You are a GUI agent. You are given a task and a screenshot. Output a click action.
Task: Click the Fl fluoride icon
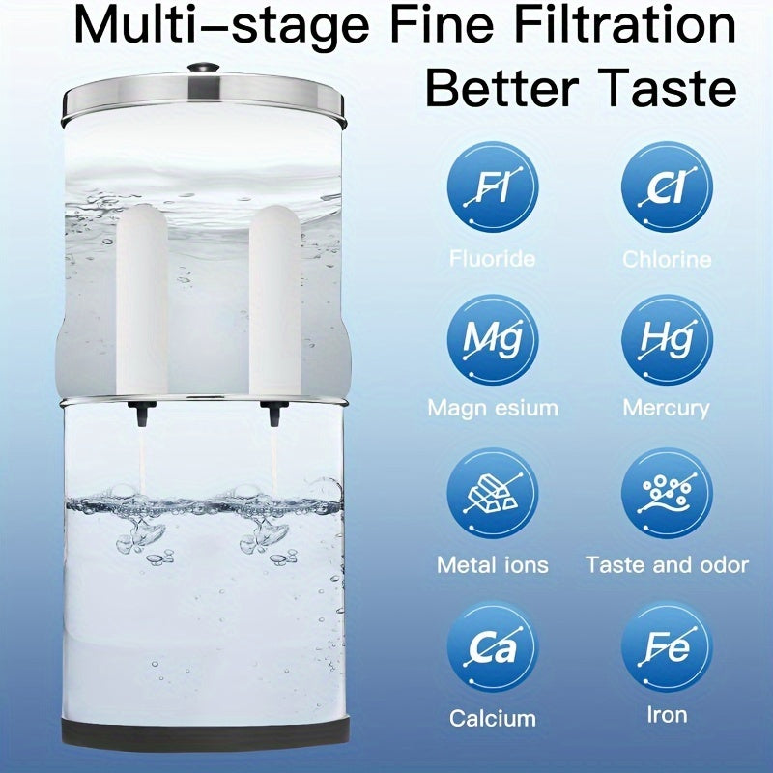click(x=492, y=186)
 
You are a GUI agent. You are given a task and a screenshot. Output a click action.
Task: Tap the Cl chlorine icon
click(x=667, y=186)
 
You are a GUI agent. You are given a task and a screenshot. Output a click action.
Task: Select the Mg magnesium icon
click(x=492, y=339)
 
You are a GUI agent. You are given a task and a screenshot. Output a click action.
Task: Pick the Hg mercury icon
click(x=667, y=339)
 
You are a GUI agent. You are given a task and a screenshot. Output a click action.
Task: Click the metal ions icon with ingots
click(x=492, y=494)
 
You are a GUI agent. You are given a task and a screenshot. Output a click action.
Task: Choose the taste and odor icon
click(x=667, y=494)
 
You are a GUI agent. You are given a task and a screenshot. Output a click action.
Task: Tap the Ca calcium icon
click(x=492, y=648)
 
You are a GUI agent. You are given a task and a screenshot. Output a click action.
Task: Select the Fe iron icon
click(x=667, y=648)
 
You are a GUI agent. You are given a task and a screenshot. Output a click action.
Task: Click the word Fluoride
click(x=492, y=259)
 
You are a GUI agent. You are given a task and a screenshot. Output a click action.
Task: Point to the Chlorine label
click(x=667, y=259)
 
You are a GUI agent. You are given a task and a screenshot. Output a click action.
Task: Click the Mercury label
click(x=667, y=408)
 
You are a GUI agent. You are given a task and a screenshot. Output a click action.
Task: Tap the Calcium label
click(x=492, y=718)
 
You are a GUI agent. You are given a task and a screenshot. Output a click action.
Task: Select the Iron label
click(x=667, y=715)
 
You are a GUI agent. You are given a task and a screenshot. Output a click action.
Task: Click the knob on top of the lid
click(x=203, y=69)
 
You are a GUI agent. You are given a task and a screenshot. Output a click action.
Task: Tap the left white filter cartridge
click(x=143, y=300)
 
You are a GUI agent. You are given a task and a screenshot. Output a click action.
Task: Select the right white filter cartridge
click(x=274, y=300)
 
